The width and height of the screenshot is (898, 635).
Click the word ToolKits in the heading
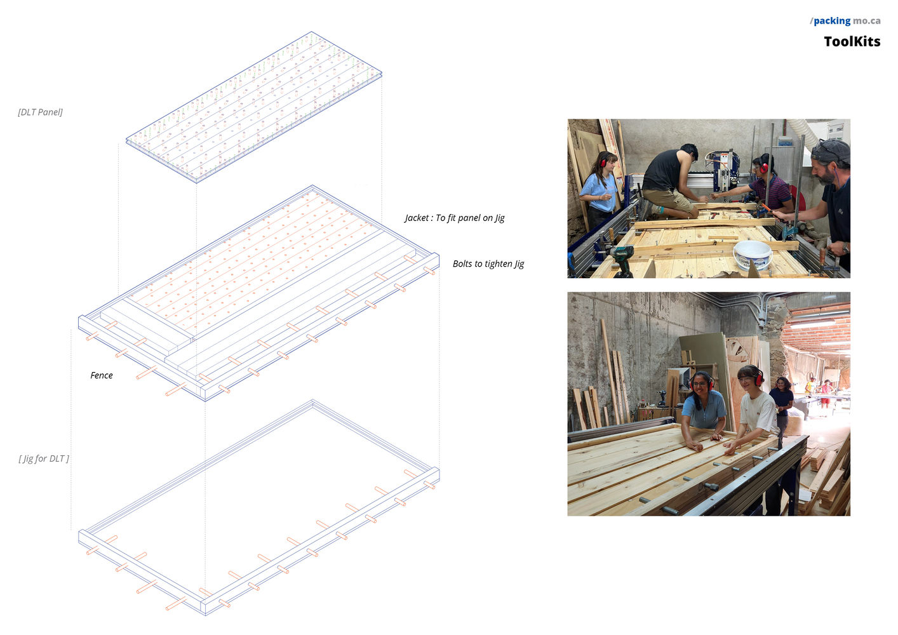[852, 42]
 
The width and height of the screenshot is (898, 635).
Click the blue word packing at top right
[832, 21]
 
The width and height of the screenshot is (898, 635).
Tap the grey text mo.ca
[867, 21]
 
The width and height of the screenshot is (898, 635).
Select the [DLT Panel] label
[40, 112]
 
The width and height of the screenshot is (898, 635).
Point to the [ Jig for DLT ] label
[44, 458]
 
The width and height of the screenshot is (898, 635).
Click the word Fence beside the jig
[102, 376]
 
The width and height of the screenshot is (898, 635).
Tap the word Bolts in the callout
[462, 264]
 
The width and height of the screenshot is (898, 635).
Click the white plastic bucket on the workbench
[753, 255]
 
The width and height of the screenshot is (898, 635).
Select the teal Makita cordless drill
[621, 260]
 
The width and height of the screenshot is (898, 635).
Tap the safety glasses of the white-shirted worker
[745, 379]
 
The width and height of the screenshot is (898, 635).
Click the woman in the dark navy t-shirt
[781, 405]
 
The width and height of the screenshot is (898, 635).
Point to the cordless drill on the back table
[662, 397]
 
